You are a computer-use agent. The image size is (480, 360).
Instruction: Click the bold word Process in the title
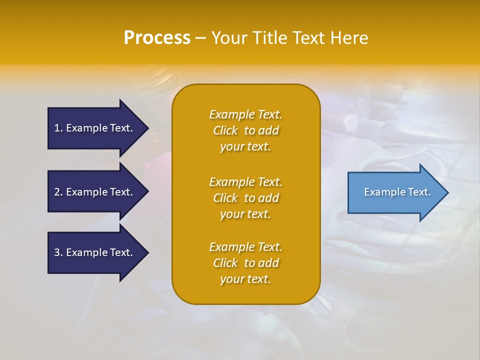pyautogui.click(x=157, y=38)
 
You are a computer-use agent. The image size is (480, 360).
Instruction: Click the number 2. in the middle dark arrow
pyautogui.click(x=58, y=192)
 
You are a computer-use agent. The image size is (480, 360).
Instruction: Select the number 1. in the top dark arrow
pyautogui.click(x=58, y=128)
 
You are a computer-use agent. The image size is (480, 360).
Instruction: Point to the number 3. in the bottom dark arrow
pyautogui.click(x=58, y=252)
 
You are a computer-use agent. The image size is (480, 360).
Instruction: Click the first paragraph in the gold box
pyautogui.click(x=245, y=130)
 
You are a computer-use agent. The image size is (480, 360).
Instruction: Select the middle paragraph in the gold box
pyautogui.click(x=245, y=198)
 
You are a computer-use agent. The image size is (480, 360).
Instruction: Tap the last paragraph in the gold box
pyautogui.click(x=245, y=263)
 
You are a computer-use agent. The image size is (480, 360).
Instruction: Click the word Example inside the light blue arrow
pyautogui.click(x=381, y=192)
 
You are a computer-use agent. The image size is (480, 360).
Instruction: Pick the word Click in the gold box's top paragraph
pyautogui.click(x=225, y=130)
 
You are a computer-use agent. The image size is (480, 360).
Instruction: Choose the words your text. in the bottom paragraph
pyautogui.click(x=245, y=279)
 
